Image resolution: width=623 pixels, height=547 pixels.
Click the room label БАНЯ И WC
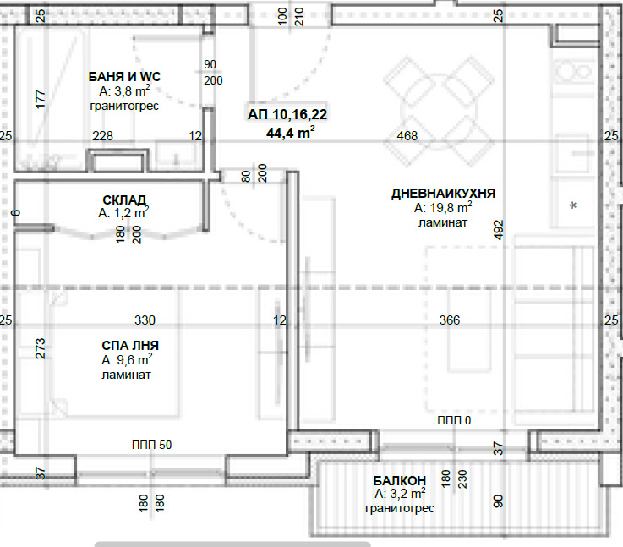(124, 76)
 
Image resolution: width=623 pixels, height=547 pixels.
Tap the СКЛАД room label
(124, 200)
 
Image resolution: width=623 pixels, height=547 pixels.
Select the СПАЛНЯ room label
(130, 345)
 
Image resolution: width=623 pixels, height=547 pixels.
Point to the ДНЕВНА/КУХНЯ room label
(443, 193)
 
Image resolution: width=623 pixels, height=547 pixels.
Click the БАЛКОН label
(399, 481)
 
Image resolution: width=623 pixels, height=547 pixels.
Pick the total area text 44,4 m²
(291, 132)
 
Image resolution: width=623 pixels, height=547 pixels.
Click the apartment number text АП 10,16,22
(287, 114)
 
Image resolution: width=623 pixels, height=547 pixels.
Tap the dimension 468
(407, 136)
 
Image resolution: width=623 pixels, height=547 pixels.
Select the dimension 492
(498, 230)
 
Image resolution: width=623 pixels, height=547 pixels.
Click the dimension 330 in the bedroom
(145, 320)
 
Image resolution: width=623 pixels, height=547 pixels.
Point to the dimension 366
(450, 320)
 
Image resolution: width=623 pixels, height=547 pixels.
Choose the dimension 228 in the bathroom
(102, 136)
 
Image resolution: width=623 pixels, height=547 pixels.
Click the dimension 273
(41, 349)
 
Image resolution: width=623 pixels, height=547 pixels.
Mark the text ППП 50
(152, 445)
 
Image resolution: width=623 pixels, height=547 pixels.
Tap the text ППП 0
(454, 420)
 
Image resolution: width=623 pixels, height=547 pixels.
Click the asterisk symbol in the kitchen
(573, 206)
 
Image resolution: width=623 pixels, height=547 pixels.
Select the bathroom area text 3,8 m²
(124, 91)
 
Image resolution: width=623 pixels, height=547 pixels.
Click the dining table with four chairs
(439, 112)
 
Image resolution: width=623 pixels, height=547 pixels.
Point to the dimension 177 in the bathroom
(41, 99)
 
